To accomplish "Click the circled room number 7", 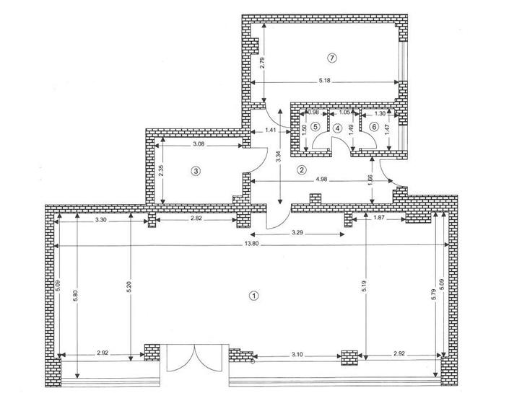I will (332, 57).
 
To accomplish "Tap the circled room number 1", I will (253, 295).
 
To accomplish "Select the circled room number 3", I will (195, 171).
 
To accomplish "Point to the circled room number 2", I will (302, 170).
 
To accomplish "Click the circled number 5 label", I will (316, 127).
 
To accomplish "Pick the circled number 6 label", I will (373, 127).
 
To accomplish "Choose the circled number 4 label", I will (337, 128).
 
